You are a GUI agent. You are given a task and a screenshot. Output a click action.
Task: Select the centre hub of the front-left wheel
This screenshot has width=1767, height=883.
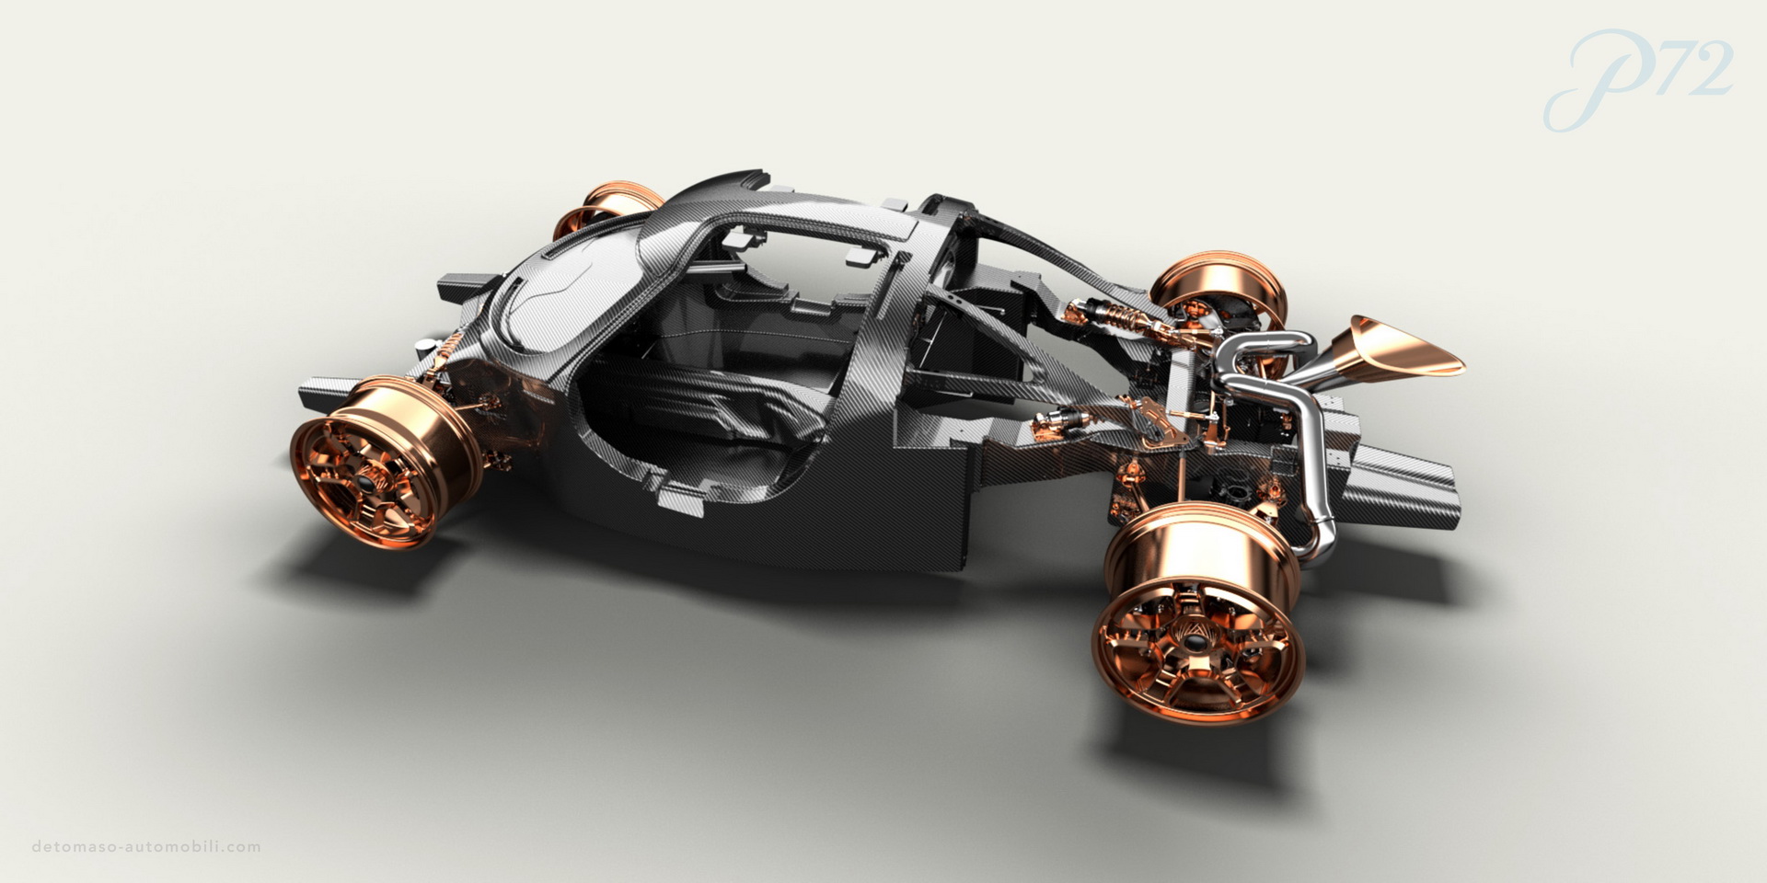[368, 482]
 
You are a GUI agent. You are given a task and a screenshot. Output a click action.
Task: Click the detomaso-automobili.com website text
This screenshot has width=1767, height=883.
[146, 846]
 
